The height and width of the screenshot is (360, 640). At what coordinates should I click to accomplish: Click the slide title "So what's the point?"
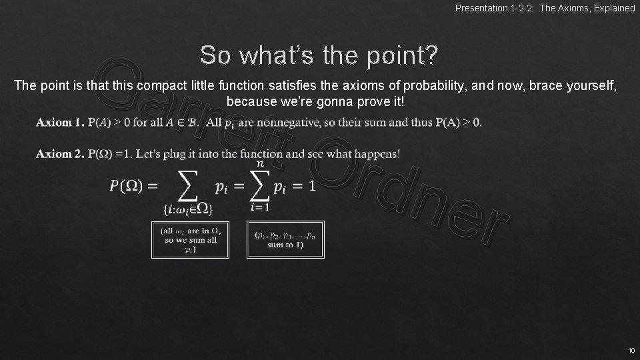pyautogui.click(x=319, y=55)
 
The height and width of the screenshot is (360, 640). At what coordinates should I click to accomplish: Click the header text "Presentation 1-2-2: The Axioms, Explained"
pyautogui.click(x=545, y=8)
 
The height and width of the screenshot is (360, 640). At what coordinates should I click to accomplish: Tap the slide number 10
pyautogui.click(x=630, y=350)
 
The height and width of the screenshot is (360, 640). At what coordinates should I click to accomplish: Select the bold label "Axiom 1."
pyautogui.click(x=60, y=122)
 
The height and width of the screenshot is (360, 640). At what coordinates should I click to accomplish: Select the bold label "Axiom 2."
pyautogui.click(x=60, y=154)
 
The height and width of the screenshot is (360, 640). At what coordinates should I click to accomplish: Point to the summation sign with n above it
pyautogui.click(x=259, y=185)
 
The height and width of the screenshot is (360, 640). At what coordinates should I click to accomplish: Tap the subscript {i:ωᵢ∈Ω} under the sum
pyautogui.click(x=188, y=210)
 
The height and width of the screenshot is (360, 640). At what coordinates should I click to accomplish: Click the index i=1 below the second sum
pyautogui.click(x=259, y=207)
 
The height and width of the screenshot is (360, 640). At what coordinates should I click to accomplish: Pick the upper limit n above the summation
pyautogui.click(x=259, y=163)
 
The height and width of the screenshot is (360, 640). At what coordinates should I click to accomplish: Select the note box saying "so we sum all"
pyautogui.click(x=190, y=239)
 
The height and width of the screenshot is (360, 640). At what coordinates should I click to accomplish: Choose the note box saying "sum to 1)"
pyautogui.click(x=285, y=239)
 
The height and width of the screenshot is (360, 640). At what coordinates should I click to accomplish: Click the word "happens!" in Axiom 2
pyautogui.click(x=376, y=154)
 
